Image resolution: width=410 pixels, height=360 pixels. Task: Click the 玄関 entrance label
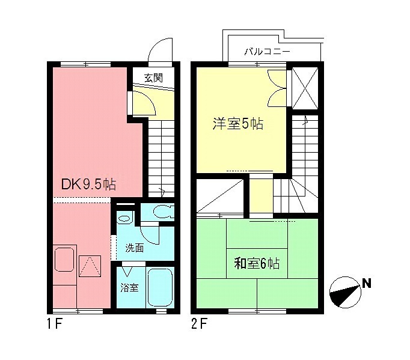[x=153, y=78]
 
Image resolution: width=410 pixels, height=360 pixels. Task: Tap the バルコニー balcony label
[x=267, y=52]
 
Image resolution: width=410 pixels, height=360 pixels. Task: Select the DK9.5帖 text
[x=89, y=185]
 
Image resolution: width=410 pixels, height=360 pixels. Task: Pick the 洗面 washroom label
[x=134, y=248]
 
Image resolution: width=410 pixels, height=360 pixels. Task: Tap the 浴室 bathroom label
[x=129, y=287]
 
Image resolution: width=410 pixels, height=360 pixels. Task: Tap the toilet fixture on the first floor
[x=163, y=212]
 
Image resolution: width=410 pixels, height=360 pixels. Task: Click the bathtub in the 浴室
[x=159, y=288]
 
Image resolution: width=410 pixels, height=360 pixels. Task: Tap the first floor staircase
[x=160, y=156]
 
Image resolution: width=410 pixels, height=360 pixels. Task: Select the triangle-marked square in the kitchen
[x=90, y=265]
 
